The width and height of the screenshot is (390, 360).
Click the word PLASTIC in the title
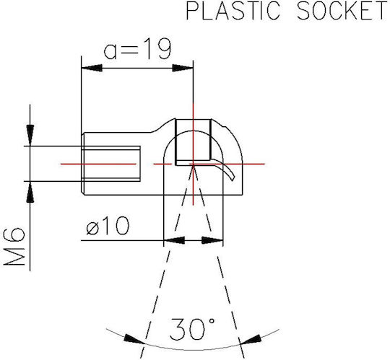coord(233,10)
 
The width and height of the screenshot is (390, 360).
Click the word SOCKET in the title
coord(342,10)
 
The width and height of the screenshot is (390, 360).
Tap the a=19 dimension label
coord(137,48)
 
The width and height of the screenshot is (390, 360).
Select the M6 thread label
coord(14,247)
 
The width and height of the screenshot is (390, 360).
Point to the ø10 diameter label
coord(108,226)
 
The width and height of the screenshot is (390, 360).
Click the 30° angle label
coord(192,329)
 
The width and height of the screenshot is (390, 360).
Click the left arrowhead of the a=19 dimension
coord(92,68)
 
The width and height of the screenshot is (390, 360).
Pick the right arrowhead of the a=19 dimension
coord(183,68)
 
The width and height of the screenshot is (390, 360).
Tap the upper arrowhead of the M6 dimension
coord(30,135)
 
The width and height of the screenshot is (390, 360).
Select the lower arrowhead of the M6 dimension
coord(30,192)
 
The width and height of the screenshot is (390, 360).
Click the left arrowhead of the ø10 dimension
coord(174,240)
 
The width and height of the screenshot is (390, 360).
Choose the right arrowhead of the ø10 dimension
coord(212,240)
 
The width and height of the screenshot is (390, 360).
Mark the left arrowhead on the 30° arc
coord(134,339)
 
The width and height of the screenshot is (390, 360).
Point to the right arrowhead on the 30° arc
coord(251,339)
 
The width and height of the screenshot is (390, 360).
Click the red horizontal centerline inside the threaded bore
coord(98,164)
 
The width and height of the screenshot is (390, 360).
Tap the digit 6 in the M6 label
coord(14,235)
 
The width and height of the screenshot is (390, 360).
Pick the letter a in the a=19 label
coord(110,51)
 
